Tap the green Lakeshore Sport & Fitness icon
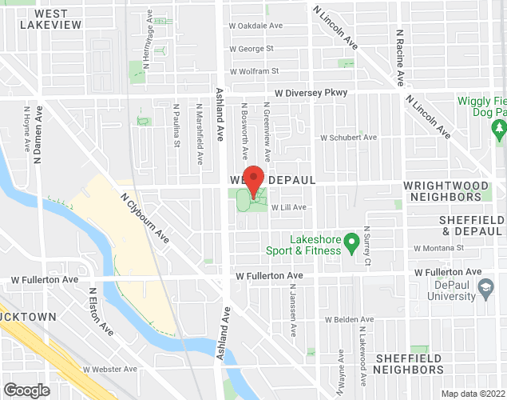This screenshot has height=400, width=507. click(x=350, y=241)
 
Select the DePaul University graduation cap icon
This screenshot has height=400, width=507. click(x=485, y=286)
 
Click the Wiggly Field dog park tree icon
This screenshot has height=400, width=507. click(x=499, y=127)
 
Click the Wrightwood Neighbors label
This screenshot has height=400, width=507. click(x=453, y=190)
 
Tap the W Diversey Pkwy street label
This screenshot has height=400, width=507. click(x=311, y=93)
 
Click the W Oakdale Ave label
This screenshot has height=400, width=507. click(x=256, y=26)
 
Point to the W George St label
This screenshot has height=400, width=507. click(x=251, y=49)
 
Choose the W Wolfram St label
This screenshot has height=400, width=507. click(x=254, y=71)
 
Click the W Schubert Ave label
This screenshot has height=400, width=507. click(x=348, y=137)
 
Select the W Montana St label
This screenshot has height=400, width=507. click(x=438, y=248)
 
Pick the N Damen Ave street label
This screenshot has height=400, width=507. click(x=37, y=132)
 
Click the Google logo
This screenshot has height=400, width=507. click(x=26, y=390)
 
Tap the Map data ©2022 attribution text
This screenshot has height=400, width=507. click(x=473, y=394)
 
